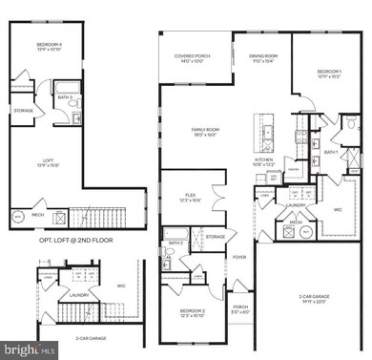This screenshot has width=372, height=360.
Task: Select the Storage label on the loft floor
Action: click(x=24, y=111)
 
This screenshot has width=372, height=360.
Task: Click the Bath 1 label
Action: click(x=332, y=152)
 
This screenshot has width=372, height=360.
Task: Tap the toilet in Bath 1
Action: click(x=351, y=124)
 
